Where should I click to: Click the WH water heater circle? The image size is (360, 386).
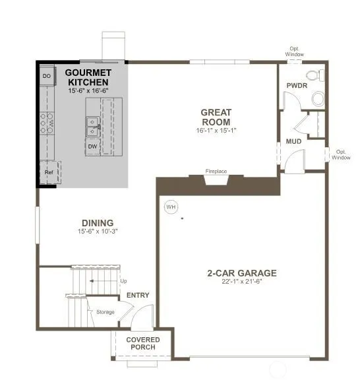171,207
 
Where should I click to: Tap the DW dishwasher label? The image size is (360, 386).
92,146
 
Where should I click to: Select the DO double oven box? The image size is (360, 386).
47,76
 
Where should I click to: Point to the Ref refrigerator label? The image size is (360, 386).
49,172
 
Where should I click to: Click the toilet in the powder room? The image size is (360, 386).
316,75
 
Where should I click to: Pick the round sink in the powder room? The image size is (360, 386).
318,99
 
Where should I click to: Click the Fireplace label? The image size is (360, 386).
216,171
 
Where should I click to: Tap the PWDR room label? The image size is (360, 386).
297,86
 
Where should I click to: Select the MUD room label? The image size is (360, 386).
293,141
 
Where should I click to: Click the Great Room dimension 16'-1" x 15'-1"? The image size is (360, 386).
216,131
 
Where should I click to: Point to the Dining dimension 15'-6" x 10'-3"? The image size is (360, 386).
98,232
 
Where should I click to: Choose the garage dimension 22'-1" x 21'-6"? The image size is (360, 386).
241,281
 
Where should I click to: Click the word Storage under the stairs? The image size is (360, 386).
105,312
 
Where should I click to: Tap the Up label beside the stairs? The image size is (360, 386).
123,281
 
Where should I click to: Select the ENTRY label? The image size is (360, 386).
138,295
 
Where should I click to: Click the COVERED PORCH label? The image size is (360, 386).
143,343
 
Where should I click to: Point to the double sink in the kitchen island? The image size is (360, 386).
92,127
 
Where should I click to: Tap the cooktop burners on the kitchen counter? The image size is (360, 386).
47,123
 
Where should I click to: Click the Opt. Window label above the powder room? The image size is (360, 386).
294,51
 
